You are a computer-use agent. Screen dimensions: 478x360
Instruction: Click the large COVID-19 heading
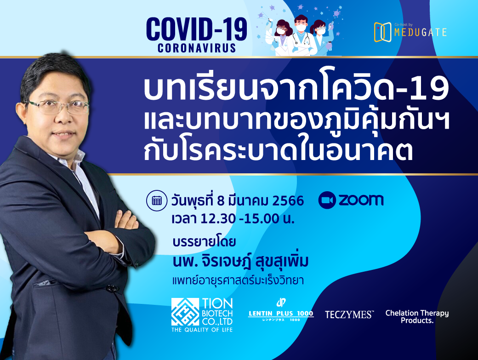click(x=197, y=29)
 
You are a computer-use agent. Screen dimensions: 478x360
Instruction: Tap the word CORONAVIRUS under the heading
click(x=197, y=48)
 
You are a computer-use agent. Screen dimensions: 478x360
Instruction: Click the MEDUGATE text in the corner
click(x=421, y=32)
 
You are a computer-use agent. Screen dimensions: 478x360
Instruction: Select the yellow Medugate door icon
click(x=382, y=32)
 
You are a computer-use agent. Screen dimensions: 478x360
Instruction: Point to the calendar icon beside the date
click(x=157, y=200)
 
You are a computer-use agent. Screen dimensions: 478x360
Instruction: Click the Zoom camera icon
click(x=327, y=200)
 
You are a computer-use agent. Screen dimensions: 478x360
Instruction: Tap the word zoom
click(x=361, y=200)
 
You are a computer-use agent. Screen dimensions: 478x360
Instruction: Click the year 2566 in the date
click(x=288, y=201)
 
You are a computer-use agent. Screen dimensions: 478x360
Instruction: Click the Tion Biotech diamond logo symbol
click(x=185, y=312)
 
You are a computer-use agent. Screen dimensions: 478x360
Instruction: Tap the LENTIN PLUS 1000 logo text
click(x=281, y=314)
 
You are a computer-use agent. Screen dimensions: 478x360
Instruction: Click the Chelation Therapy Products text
click(x=417, y=317)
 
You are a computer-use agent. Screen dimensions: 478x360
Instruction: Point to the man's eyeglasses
click(x=58, y=107)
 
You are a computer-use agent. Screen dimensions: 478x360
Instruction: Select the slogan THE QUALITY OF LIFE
click(x=202, y=330)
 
